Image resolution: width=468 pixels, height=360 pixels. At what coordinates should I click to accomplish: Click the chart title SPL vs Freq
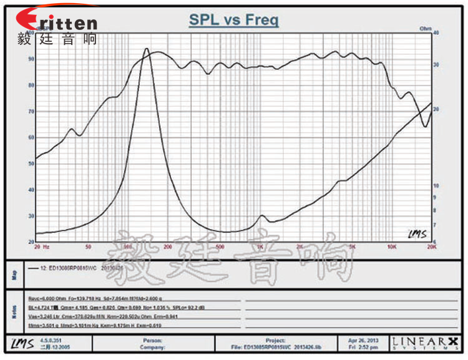(234, 20)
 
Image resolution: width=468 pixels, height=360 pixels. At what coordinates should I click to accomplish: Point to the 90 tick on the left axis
(31, 59)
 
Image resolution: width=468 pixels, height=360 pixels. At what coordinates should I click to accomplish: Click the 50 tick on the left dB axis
(31, 163)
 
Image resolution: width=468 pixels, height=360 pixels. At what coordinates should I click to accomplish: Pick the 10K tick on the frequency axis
(392, 246)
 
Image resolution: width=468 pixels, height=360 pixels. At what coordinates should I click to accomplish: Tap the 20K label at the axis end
(431, 246)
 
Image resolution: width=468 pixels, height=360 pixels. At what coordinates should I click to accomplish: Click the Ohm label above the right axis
(426, 29)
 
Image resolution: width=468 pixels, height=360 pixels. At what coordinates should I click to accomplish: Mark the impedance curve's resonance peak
(146, 49)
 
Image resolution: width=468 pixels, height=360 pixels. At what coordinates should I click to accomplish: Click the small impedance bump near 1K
(262, 216)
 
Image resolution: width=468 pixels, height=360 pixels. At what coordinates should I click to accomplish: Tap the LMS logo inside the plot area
(417, 233)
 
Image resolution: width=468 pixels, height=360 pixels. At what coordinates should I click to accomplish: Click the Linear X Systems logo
(425, 343)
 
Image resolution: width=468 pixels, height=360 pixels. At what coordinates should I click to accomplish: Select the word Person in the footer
(152, 341)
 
